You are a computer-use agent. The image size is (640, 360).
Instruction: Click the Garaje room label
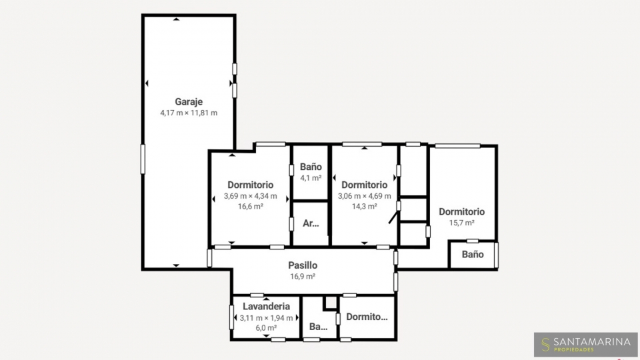pos(189,101)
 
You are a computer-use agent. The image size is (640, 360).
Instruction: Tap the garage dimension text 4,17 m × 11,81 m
pos(189,113)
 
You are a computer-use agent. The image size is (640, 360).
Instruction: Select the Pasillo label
pos(303,265)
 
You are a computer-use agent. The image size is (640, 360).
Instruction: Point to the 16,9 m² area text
pos(303,276)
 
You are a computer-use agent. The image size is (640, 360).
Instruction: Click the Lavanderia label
pos(266,306)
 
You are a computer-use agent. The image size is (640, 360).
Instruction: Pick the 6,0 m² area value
pos(266,328)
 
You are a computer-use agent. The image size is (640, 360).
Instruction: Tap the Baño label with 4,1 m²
pos(311,167)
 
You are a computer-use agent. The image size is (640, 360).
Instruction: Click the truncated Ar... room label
pos(311,223)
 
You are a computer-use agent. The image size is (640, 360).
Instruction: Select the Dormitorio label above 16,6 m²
pos(250,185)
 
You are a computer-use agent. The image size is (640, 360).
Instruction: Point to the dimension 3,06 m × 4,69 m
pos(364,196)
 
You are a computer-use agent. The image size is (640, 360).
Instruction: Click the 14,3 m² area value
pos(364,207)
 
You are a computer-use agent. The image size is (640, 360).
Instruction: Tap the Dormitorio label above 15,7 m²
pos(461,212)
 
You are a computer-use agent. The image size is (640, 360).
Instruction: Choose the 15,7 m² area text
pos(461,223)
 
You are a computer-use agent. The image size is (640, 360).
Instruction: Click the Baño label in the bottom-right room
pos(473,254)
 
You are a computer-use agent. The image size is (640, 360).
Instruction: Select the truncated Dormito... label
pos(367,317)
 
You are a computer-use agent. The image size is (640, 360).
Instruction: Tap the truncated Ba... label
pos(319,327)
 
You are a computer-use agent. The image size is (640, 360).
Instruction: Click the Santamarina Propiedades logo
pos(586,345)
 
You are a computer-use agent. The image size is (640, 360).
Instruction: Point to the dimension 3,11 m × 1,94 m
pos(266,318)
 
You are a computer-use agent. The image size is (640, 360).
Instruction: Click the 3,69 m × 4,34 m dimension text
pos(250,196)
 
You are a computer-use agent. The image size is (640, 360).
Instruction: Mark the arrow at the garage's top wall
pos(176,19)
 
